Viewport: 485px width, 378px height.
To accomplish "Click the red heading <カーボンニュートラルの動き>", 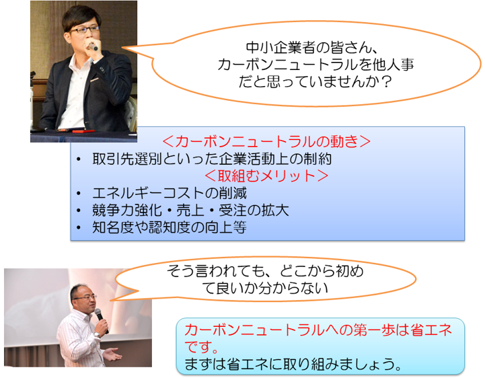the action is (x=266, y=142).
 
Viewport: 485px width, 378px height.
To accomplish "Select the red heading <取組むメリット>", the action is (x=266, y=176).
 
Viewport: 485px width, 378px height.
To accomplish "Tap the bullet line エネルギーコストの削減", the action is (x=170, y=193).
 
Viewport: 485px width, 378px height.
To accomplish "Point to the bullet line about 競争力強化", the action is (x=190, y=211).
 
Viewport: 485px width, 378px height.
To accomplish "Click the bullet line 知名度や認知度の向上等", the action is (x=170, y=227).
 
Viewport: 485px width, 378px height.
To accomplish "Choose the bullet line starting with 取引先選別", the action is (x=212, y=159).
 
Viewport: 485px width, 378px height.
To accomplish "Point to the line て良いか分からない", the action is (x=265, y=288).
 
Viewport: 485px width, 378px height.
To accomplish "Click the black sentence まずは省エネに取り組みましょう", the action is (x=293, y=364).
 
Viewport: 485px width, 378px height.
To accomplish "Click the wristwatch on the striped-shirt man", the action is (x=96, y=334).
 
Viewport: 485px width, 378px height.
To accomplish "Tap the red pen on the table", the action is (x=83, y=131).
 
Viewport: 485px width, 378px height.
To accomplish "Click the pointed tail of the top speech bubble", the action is (x=122, y=48).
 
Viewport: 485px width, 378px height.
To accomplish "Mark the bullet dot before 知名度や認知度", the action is (x=79, y=228).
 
